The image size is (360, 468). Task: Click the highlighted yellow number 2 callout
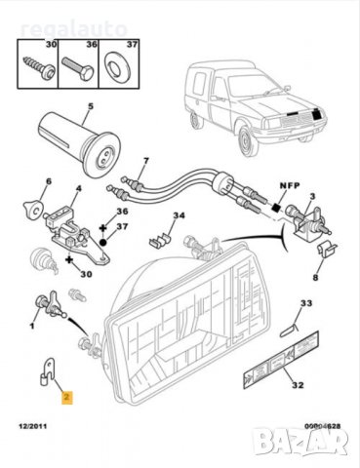tap(66, 398)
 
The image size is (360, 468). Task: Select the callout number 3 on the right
tap(311, 195)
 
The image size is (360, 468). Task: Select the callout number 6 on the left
tap(45, 182)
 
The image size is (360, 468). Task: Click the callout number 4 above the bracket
tap(79, 187)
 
